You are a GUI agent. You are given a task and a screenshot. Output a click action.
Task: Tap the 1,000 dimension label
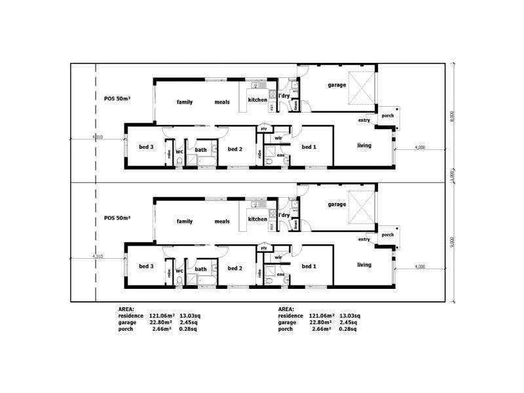click(451, 177)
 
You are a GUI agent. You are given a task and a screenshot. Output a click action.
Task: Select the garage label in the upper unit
click(337, 85)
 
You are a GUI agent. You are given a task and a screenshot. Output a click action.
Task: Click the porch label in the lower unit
click(388, 234)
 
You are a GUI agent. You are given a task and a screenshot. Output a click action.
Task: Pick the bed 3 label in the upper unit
click(146, 147)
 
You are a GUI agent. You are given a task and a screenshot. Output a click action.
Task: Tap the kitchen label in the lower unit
click(257, 219)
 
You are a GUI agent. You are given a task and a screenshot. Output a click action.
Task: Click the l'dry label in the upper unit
click(284, 97)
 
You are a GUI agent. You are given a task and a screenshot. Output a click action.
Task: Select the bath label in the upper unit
click(201, 150)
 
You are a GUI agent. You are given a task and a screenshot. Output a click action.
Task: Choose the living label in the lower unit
click(364, 265)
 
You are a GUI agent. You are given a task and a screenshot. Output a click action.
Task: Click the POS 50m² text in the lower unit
click(117, 217)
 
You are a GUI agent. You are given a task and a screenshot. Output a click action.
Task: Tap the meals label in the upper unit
click(222, 102)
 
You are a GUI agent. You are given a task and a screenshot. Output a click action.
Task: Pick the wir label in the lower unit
click(278, 257)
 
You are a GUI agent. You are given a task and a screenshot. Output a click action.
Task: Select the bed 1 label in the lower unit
click(309, 267)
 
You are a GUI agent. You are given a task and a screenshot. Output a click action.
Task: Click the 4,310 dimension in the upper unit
click(98, 137)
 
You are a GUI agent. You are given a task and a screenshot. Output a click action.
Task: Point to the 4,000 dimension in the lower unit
click(420, 266)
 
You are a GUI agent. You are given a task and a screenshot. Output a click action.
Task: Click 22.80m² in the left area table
click(160, 322)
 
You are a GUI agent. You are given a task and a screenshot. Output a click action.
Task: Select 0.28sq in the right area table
click(350, 329)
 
